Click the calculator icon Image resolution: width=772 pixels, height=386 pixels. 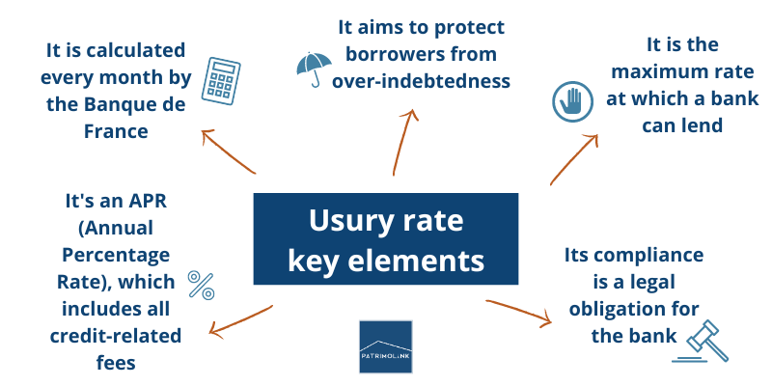tap(220, 79)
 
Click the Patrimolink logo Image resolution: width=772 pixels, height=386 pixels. tap(385, 346)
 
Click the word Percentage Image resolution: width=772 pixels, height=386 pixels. tap(116, 256)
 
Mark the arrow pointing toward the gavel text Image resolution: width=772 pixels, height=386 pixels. tap(521, 314)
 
